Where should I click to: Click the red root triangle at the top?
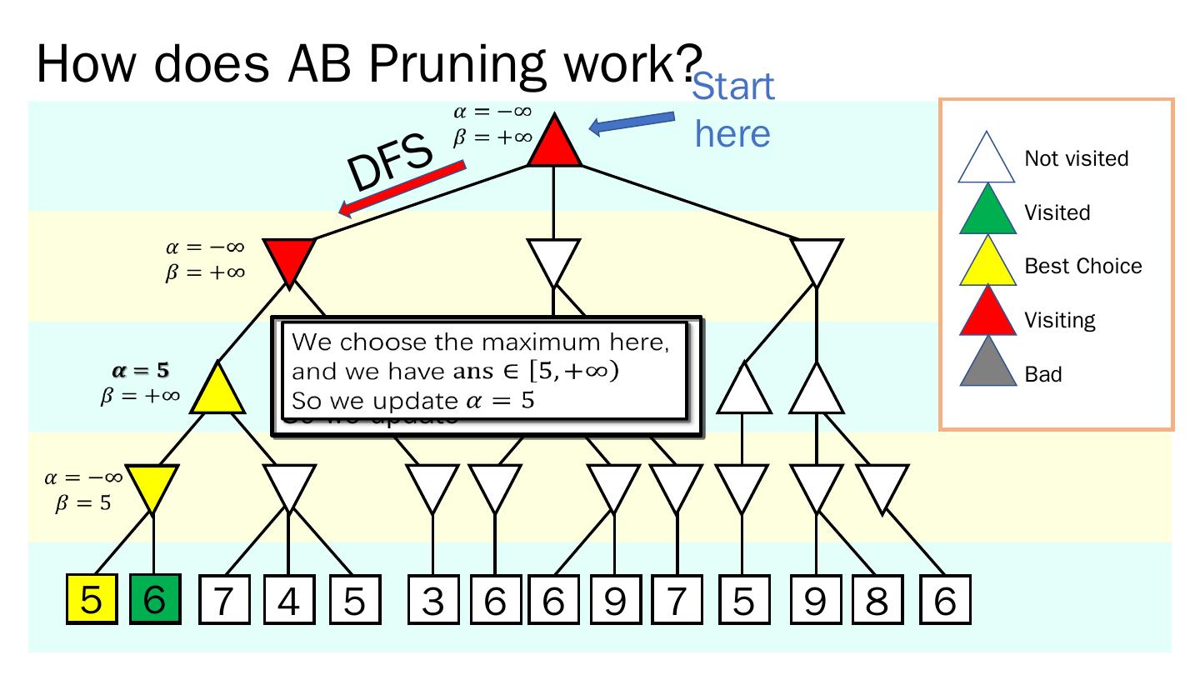554,144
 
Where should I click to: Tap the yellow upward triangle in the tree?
217,392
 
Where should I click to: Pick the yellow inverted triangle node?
153,486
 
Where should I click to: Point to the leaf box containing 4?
288,601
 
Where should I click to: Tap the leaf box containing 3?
432,601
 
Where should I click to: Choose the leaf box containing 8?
877,601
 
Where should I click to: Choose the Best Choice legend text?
1082,267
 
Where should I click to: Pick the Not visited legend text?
1076,159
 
